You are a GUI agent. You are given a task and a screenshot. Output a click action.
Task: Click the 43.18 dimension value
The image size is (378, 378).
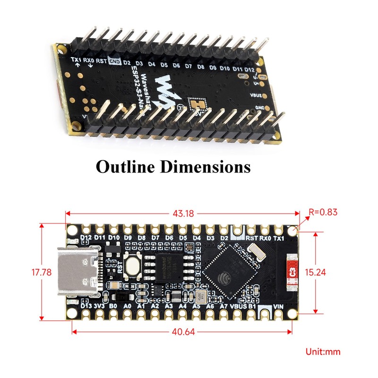click(184, 213)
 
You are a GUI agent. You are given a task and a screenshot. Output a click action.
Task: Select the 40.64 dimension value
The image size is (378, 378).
click(184, 332)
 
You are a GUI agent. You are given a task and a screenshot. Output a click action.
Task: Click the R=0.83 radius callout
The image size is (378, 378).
click(323, 212)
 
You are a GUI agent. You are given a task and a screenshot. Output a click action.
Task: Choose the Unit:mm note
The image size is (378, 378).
click(323, 352)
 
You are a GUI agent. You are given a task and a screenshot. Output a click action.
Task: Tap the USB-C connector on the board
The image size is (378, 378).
click(78, 272)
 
